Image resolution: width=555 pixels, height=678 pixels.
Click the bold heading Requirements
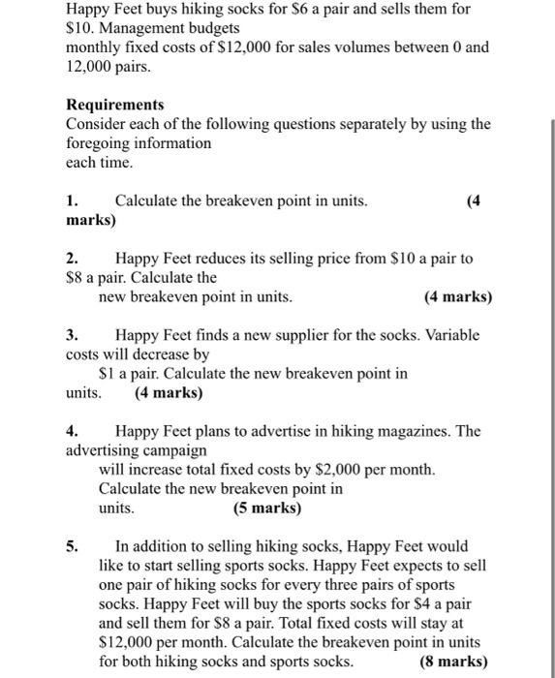[114, 105]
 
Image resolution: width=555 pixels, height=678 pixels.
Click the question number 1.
[72, 200]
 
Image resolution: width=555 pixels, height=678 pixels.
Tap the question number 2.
[72, 259]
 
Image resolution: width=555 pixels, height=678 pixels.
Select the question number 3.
[72, 335]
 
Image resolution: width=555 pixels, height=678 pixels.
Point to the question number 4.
[72, 431]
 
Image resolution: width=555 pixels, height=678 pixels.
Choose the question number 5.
[72, 545]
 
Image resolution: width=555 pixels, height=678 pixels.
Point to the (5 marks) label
[267, 508]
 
